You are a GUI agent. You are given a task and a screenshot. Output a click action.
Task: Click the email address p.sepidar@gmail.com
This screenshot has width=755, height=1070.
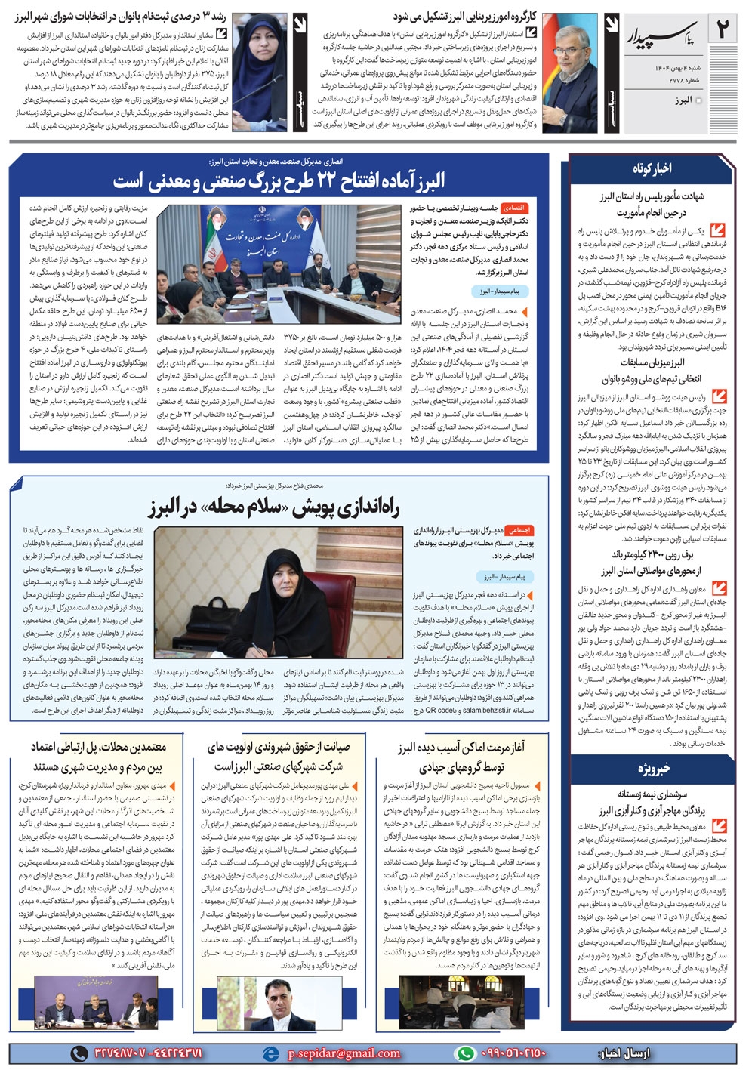[344, 1053]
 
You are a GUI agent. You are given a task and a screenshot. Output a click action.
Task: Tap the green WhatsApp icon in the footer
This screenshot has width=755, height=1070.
[466, 1053]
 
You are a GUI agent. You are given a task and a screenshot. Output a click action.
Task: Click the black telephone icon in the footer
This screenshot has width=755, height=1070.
[79, 1053]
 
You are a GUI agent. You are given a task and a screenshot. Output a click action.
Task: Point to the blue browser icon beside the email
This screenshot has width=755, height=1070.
[270, 1053]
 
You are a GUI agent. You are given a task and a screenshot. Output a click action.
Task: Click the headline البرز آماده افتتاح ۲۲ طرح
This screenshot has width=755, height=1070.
[279, 180]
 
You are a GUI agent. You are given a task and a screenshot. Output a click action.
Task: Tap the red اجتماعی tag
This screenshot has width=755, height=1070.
[517, 530]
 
